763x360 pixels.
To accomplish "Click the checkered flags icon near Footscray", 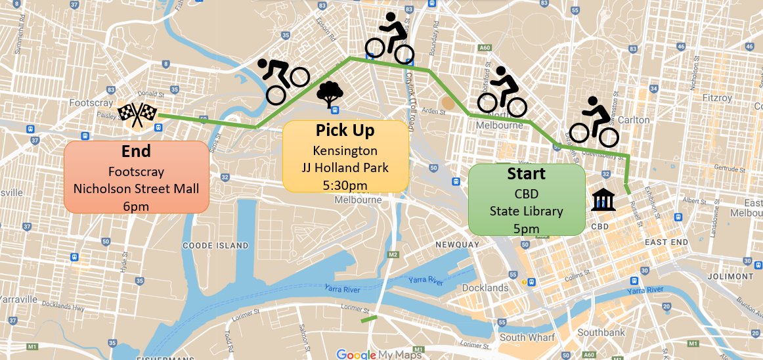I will (137, 114).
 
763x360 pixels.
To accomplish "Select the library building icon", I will (603, 200).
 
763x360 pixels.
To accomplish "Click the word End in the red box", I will (136, 152).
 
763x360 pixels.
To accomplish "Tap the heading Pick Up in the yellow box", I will (345, 130).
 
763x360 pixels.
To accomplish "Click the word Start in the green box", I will (526, 174).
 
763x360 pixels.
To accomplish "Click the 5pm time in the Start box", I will (526, 229).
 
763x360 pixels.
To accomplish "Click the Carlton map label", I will (633, 120).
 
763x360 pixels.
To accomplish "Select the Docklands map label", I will (485, 288).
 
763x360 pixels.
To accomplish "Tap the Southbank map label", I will (601, 332).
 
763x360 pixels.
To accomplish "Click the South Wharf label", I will (527, 338).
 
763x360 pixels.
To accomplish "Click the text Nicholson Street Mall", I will (136, 189).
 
